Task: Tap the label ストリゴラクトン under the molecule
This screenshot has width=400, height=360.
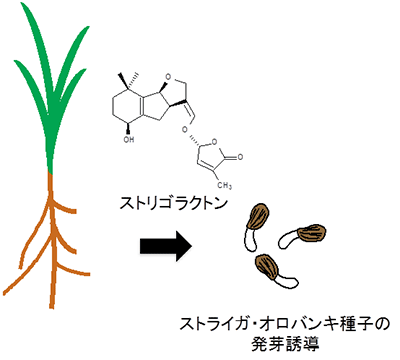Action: click(173, 208)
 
